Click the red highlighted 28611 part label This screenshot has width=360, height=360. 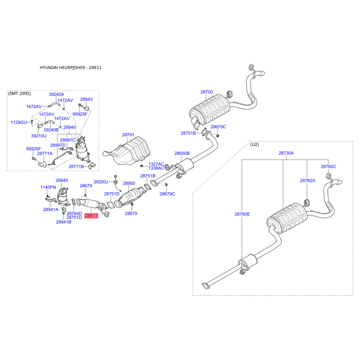[91, 216]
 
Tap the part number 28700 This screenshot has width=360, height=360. [207, 92]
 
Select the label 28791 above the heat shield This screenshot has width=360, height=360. [128, 135]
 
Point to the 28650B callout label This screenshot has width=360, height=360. [182, 153]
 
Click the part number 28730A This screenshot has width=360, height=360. [286, 153]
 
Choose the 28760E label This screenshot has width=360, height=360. [242, 215]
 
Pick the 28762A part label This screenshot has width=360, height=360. [308, 180]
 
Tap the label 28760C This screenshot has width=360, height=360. [328, 166]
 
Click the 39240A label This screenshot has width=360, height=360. [57, 94]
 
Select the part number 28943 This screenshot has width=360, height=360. [86, 99]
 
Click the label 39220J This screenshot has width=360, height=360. [101, 182]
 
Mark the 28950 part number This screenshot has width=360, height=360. [129, 184]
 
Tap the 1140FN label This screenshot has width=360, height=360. [48, 187]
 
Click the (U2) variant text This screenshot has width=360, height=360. [255, 144]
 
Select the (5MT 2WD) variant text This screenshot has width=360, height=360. [19, 93]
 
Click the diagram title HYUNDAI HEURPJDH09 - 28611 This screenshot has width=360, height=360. [71, 67]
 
